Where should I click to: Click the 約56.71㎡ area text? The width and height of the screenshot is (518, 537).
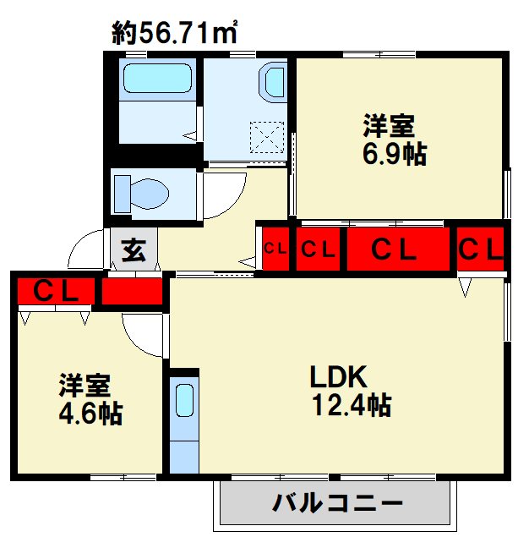[x=174, y=33]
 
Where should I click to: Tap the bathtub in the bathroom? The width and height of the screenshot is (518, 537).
[x=157, y=79]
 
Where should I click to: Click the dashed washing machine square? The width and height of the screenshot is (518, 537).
[x=267, y=137]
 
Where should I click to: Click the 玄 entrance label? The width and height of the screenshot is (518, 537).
[x=134, y=249]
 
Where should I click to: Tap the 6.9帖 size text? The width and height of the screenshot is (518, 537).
[x=395, y=155]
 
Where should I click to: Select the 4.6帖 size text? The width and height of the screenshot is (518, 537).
[x=90, y=414]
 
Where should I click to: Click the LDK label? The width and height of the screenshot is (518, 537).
[x=338, y=376]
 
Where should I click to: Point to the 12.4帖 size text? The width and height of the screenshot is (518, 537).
[x=352, y=405]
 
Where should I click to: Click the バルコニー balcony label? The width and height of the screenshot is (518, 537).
[x=337, y=503]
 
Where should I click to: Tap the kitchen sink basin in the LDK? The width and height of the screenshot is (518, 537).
[x=184, y=400]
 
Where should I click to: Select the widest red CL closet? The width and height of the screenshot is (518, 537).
[x=398, y=249]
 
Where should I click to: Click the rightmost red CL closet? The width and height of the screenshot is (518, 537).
[x=480, y=249]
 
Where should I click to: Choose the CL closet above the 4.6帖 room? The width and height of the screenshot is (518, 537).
[x=56, y=291]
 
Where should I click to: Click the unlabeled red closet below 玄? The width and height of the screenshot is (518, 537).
[x=132, y=291]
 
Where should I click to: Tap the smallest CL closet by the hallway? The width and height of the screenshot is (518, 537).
[x=275, y=249]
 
